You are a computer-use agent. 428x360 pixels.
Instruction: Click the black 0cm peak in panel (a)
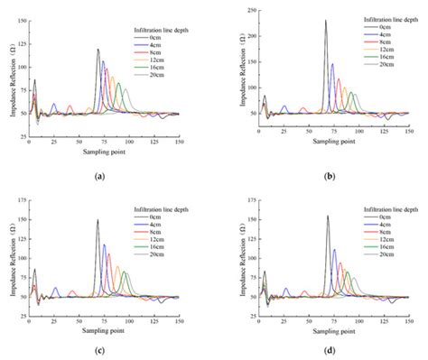click(x=98, y=51)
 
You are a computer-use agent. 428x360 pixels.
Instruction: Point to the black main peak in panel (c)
click(x=98, y=219)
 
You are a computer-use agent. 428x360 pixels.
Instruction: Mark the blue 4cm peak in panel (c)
click(x=104, y=245)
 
